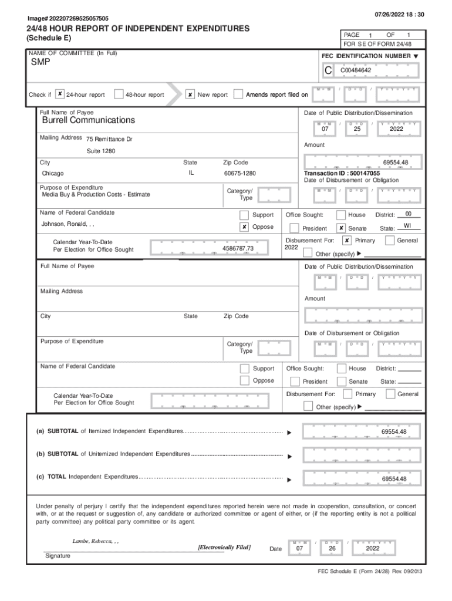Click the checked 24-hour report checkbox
60,94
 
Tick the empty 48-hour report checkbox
119,94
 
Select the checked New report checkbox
190,94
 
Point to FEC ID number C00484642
356,70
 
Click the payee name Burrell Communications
88,120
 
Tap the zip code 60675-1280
240,174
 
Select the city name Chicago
53,174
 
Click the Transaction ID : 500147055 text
342,174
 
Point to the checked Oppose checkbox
244,227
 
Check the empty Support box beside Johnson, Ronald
244,215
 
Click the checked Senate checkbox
341,228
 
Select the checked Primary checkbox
347,240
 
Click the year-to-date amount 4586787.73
238,248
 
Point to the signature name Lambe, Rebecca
93,541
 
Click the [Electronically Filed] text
225,547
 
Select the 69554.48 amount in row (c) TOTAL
393,479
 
